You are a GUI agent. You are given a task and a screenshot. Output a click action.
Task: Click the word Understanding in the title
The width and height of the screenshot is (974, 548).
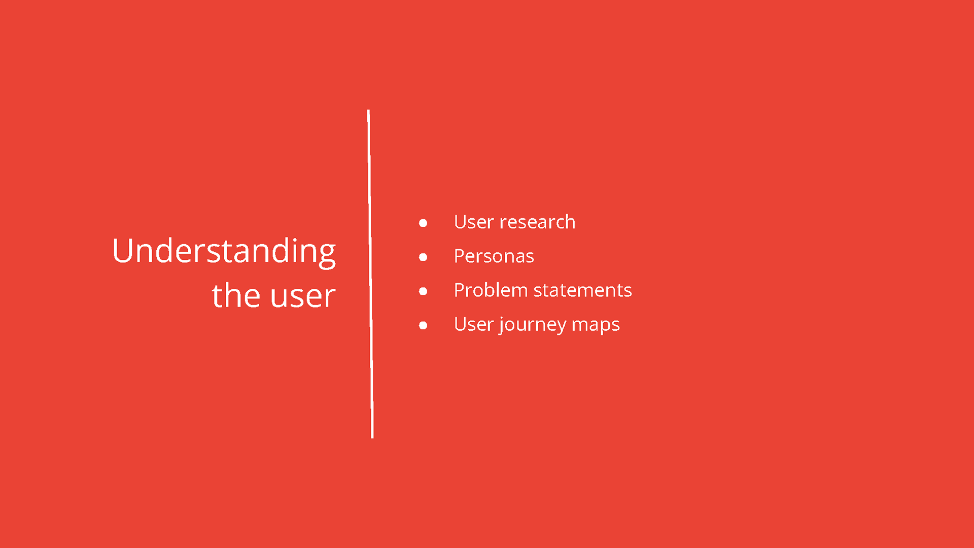(224, 252)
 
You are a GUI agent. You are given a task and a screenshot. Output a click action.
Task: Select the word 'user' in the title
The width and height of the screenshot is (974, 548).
(303, 298)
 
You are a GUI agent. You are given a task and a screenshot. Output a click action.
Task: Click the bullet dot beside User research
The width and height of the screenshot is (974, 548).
(423, 223)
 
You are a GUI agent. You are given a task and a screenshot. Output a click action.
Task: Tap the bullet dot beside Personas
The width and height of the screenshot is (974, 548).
(423, 257)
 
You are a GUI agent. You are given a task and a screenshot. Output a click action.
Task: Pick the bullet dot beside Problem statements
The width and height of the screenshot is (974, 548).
(423, 291)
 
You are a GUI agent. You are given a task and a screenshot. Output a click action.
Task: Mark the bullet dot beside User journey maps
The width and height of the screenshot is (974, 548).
(423, 325)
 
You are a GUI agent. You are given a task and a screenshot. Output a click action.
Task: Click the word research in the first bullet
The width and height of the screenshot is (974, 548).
(537, 222)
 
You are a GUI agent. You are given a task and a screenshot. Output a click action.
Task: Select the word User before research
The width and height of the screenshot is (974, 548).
(474, 222)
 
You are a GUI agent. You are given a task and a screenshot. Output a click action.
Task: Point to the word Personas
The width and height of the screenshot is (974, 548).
(494, 256)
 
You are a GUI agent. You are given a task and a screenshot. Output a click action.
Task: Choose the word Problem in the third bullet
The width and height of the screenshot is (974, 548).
(491, 290)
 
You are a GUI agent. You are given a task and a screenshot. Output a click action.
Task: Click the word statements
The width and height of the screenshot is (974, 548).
(582, 291)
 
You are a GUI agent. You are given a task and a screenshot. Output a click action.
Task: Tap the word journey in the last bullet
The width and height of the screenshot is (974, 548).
(532, 325)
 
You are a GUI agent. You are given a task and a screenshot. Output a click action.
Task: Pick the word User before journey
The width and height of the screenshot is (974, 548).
(474, 324)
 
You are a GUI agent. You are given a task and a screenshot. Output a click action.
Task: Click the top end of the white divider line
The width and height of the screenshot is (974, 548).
(368, 110)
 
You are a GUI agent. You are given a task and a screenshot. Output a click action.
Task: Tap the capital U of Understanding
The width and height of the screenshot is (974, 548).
(123, 251)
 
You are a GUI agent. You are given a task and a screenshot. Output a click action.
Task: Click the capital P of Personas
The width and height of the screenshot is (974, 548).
(460, 256)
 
